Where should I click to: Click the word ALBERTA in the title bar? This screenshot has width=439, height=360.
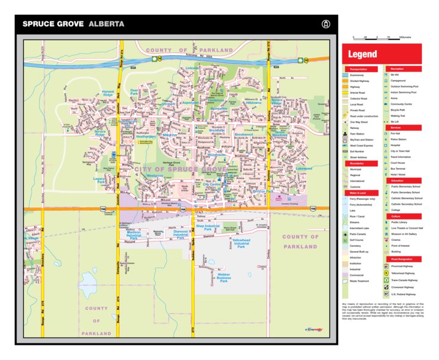tap(106, 24)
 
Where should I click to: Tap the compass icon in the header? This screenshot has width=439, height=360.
tap(325, 24)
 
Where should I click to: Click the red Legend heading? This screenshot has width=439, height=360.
tap(363, 54)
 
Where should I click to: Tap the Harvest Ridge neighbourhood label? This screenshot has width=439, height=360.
tap(108, 94)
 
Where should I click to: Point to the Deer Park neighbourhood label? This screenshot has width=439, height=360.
tap(134, 92)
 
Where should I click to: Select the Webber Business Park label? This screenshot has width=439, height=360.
tap(223, 277)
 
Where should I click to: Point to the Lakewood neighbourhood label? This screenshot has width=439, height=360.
tap(303, 168)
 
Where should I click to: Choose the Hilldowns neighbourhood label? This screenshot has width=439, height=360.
tap(253, 103)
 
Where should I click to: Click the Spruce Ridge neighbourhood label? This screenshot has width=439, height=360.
tap(100, 133)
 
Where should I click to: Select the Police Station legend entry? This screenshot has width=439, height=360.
tap(399, 140)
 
